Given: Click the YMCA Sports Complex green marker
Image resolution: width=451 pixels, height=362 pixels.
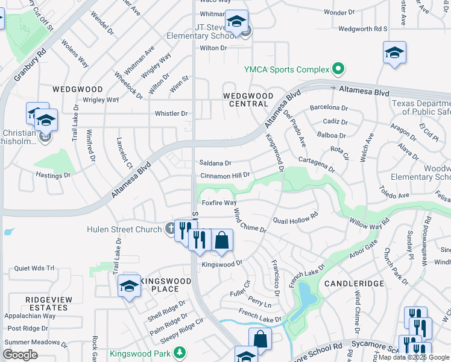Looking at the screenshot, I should click(338, 69).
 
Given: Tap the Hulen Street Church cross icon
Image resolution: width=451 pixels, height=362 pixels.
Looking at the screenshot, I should click(171, 229).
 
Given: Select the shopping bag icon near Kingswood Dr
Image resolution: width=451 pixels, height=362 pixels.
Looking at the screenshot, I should click(222, 240).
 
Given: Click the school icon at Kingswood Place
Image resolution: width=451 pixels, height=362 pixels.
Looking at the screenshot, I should click(129, 285).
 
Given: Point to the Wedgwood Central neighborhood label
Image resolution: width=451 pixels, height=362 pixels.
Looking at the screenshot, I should click(245, 100).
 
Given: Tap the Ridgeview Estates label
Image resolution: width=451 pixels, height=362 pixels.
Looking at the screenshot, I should click(49, 303).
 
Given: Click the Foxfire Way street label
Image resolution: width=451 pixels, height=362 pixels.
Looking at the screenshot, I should click(219, 203).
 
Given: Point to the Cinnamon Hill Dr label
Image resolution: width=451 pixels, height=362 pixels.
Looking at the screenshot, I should click(224, 175).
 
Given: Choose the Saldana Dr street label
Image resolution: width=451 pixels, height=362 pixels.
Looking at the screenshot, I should click(215, 163).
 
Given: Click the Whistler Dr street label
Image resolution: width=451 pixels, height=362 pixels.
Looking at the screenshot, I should click(171, 113).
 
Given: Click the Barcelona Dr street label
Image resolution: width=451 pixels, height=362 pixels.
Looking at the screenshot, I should click(329, 108).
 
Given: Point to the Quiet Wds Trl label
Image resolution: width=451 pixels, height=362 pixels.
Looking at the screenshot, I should click(34, 268).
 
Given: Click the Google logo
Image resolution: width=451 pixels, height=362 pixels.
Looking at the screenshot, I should click(20, 355).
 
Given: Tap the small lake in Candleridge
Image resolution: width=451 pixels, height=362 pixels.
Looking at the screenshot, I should click(306, 295).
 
